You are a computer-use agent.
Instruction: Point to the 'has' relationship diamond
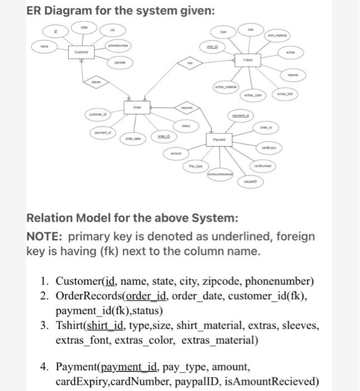click(x=190, y=64)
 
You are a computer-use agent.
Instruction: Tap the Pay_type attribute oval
click(x=196, y=168)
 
